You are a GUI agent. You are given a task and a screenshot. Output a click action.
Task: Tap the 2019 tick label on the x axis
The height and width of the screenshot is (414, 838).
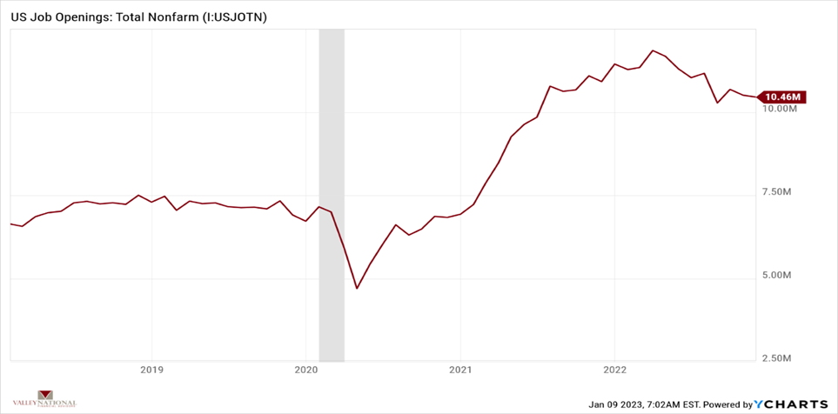151,368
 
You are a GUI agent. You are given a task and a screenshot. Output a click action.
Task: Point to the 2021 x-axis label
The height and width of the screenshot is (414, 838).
460,368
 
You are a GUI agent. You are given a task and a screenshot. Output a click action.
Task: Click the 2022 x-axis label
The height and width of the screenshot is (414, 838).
614,368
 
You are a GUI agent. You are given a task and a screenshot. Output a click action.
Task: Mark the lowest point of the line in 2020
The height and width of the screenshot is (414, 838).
357,288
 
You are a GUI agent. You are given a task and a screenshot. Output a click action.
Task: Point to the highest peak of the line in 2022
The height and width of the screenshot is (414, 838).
653,50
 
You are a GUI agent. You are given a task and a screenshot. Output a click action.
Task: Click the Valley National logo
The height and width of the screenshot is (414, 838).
57,399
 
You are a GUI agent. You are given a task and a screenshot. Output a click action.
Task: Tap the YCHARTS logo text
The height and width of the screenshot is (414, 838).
794,404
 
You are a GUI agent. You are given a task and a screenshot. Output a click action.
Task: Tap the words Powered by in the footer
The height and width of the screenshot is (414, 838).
727,404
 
